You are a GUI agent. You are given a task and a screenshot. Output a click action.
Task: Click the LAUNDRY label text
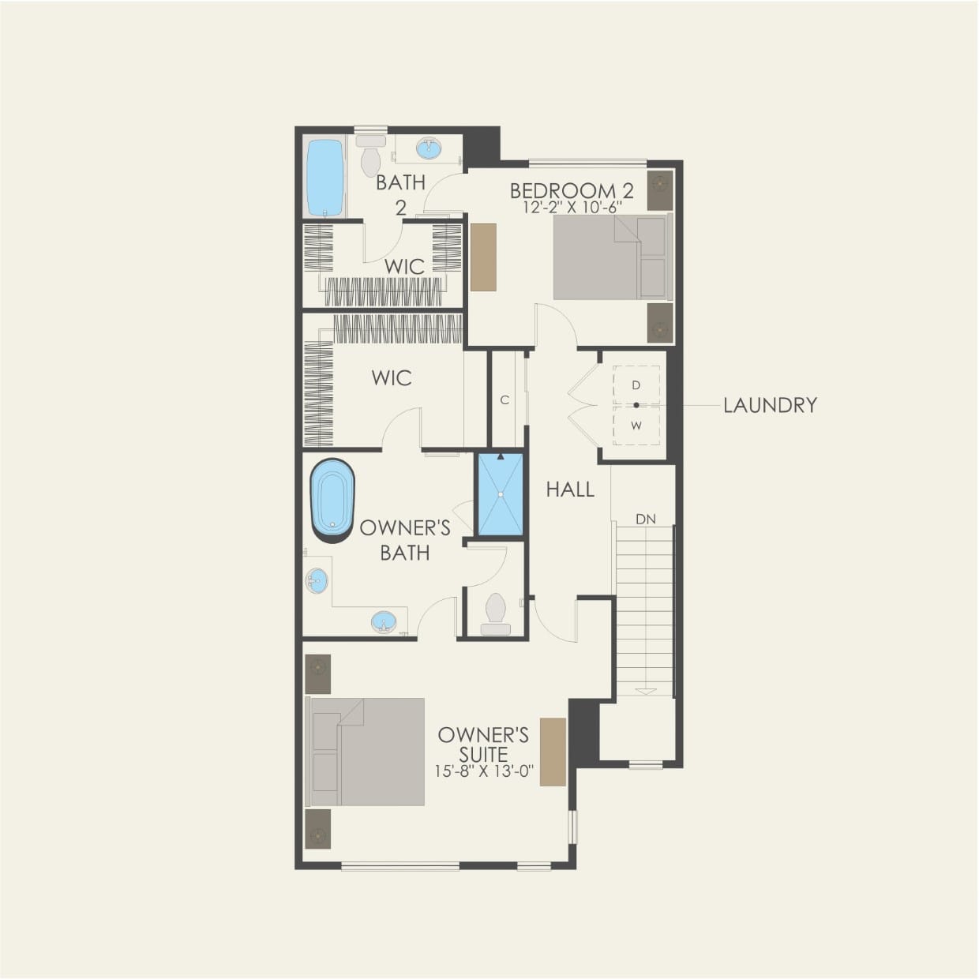[x=770, y=405]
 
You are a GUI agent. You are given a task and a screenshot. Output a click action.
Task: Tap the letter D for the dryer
[x=636, y=385]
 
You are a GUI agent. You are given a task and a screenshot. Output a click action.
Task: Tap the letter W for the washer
[x=636, y=426]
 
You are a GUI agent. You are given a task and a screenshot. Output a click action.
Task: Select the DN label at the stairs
[x=646, y=520]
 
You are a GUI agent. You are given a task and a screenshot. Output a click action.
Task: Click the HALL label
[x=570, y=489]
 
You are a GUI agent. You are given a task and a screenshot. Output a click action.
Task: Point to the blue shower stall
[x=500, y=495]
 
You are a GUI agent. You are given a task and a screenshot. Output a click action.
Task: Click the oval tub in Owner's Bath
[x=332, y=501]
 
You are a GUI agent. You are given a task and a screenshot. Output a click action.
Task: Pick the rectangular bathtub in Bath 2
[x=324, y=178]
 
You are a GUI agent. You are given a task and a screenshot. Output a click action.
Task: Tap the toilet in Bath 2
[x=369, y=156]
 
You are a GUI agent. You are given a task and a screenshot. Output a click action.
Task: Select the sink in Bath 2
[x=429, y=148]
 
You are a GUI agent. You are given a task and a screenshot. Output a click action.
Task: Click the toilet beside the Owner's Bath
[x=496, y=613]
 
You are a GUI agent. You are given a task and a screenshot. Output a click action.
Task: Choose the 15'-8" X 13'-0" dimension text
[x=483, y=771]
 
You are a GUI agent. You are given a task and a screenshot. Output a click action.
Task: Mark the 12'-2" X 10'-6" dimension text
[x=572, y=208]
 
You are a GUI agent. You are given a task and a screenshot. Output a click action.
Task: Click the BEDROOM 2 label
[x=572, y=190]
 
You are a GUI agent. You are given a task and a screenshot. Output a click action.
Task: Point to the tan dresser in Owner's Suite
[x=553, y=752]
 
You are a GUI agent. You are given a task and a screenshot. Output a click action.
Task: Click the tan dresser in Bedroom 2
[x=483, y=257]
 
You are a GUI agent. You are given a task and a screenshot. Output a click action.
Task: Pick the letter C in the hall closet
[x=505, y=400]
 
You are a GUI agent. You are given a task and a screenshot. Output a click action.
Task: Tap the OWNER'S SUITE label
[x=483, y=745]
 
